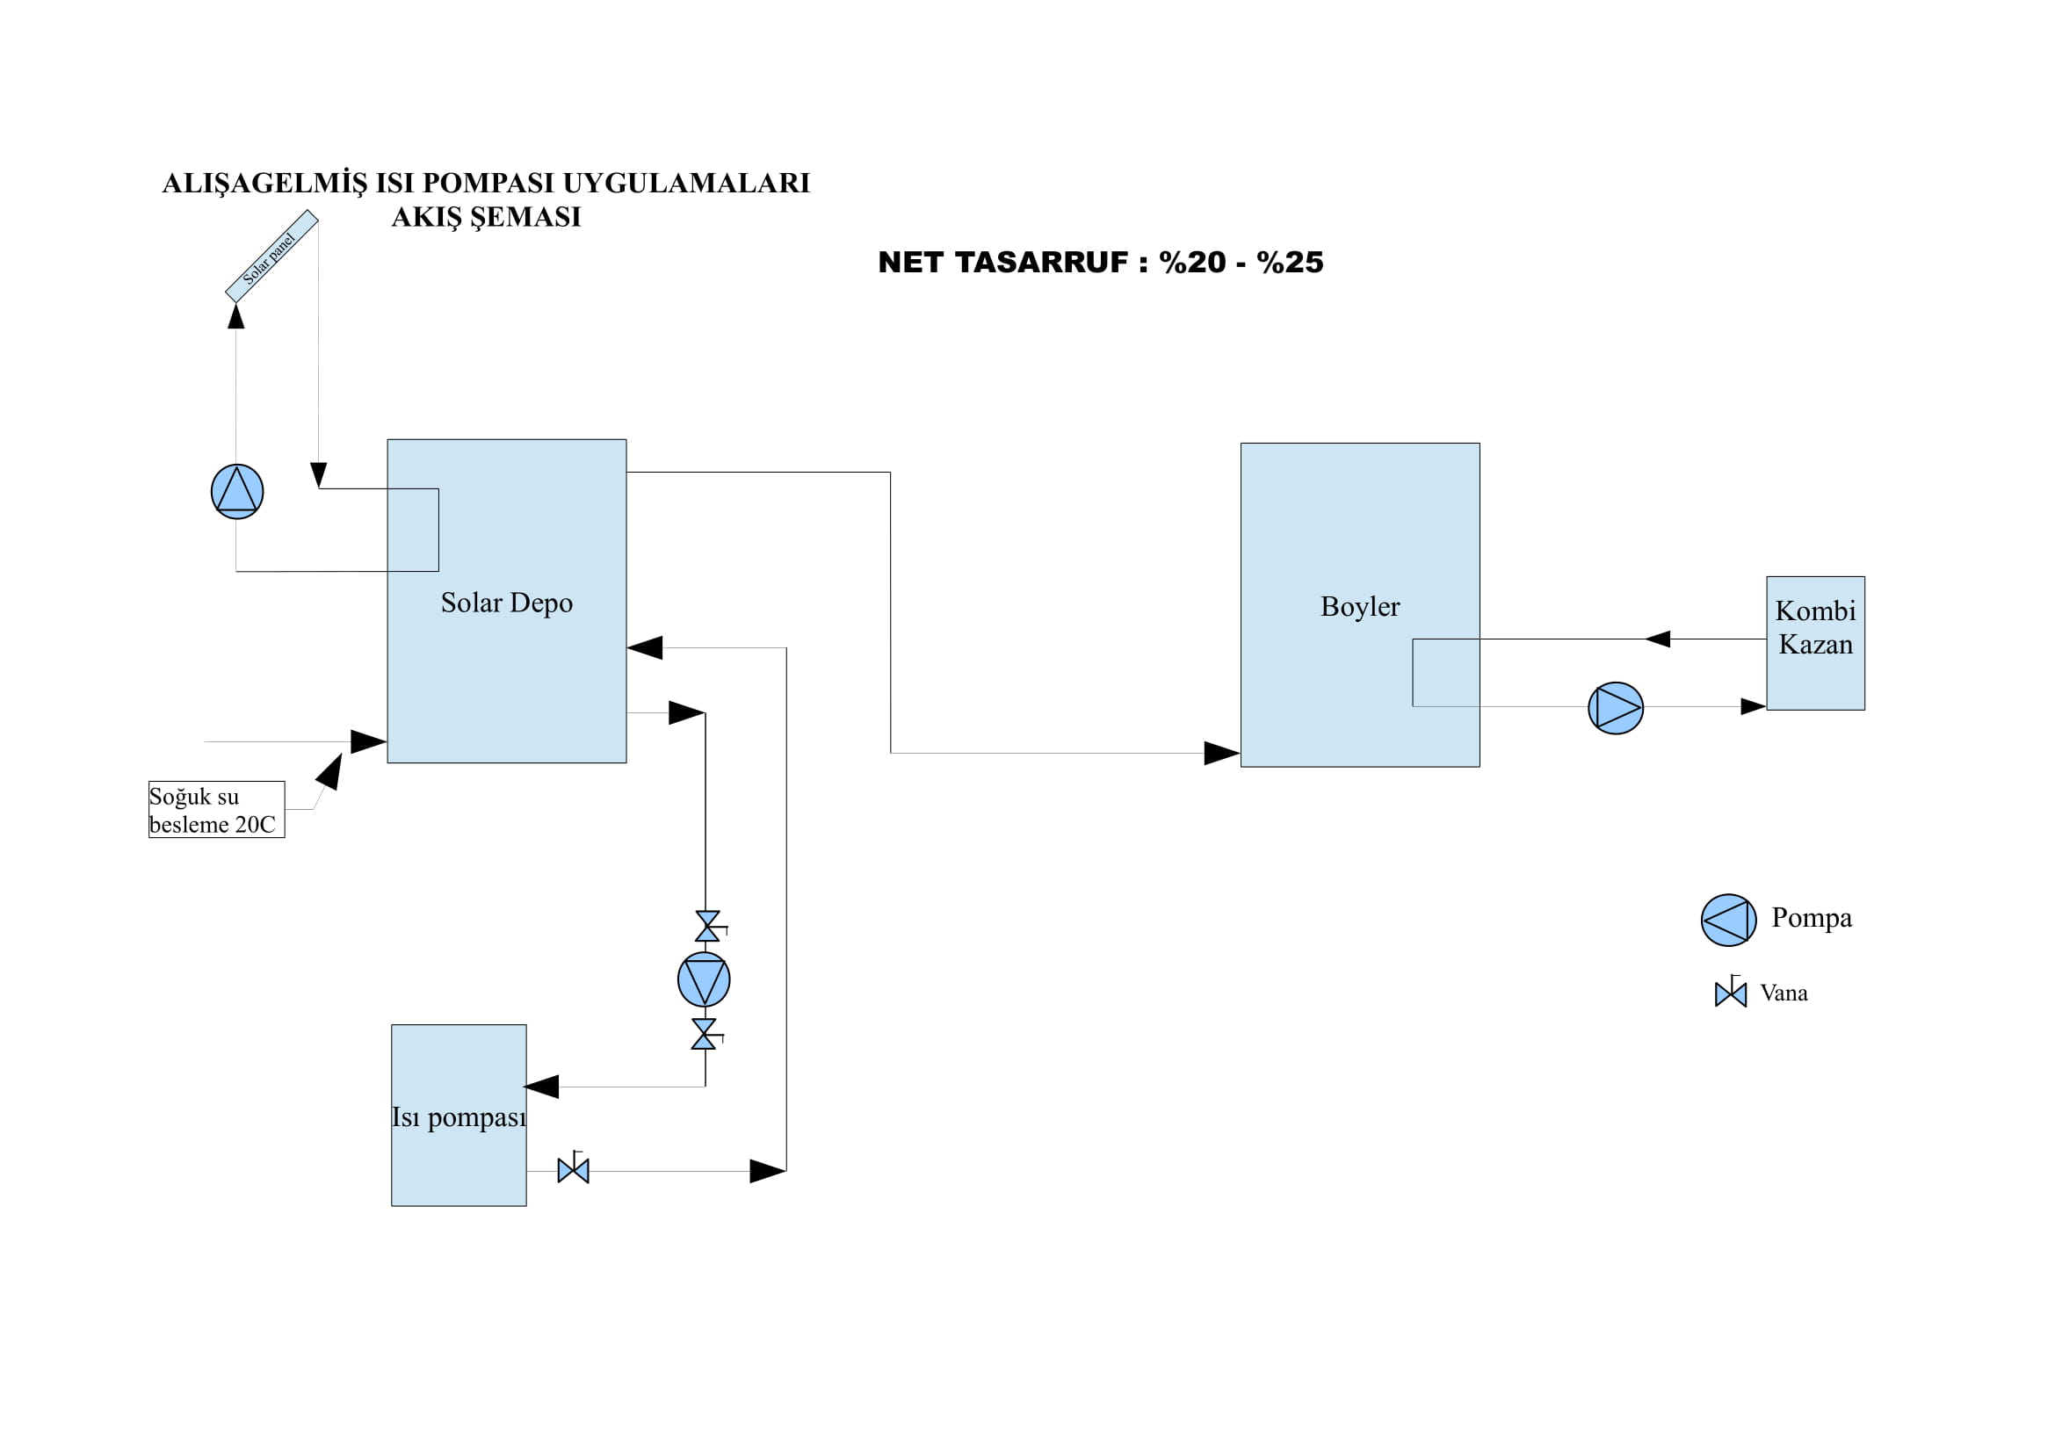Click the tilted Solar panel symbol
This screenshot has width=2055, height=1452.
[271, 256]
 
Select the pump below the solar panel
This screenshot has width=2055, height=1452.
[237, 491]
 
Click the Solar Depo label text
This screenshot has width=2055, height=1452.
[507, 603]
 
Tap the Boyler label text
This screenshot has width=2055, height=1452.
[1359, 607]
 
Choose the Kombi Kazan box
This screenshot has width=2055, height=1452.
[1815, 643]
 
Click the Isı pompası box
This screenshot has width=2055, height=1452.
[459, 1116]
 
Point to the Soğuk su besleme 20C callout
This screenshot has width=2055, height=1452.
[216, 810]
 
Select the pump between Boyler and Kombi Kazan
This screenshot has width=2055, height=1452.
[1616, 709]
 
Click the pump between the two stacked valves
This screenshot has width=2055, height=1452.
[704, 979]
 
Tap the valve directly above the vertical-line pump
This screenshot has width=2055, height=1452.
[707, 926]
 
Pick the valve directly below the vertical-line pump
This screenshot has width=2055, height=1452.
[705, 1034]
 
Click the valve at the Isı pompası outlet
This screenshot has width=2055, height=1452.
[573, 1170]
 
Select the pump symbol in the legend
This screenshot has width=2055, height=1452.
[1728, 920]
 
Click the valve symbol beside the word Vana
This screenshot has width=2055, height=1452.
[1730, 994]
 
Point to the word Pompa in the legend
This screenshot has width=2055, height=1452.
[1812, 918]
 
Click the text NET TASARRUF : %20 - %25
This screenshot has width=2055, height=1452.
[1100, 262]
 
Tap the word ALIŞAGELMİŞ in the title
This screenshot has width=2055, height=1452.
[265, 184]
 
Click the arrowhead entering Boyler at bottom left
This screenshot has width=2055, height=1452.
[1222, 754]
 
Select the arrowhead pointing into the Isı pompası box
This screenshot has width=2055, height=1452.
[542, 1087]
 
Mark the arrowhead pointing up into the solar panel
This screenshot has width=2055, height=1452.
[236, 316]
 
